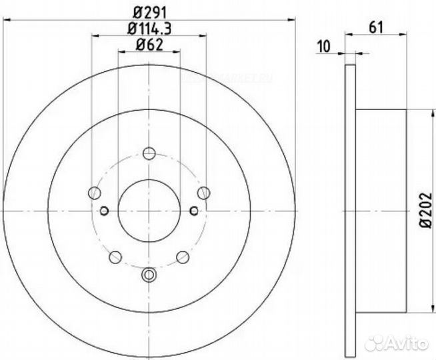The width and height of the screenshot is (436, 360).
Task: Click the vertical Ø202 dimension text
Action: (x=423, y=213)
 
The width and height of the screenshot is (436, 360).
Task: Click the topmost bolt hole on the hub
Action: (x=149, y=152)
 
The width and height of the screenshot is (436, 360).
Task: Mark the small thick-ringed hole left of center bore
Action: (x=104, y=211)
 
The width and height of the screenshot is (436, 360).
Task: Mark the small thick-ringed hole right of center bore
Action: (x=193, y=211)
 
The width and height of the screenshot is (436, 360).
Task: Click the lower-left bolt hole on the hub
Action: (x=115, y=256)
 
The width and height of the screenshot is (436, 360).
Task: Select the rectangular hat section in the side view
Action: (x=381, y=211)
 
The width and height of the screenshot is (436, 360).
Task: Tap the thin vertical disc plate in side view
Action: (x=351, y=211)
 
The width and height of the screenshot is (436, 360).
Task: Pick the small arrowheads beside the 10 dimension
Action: (x=351, y=51)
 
